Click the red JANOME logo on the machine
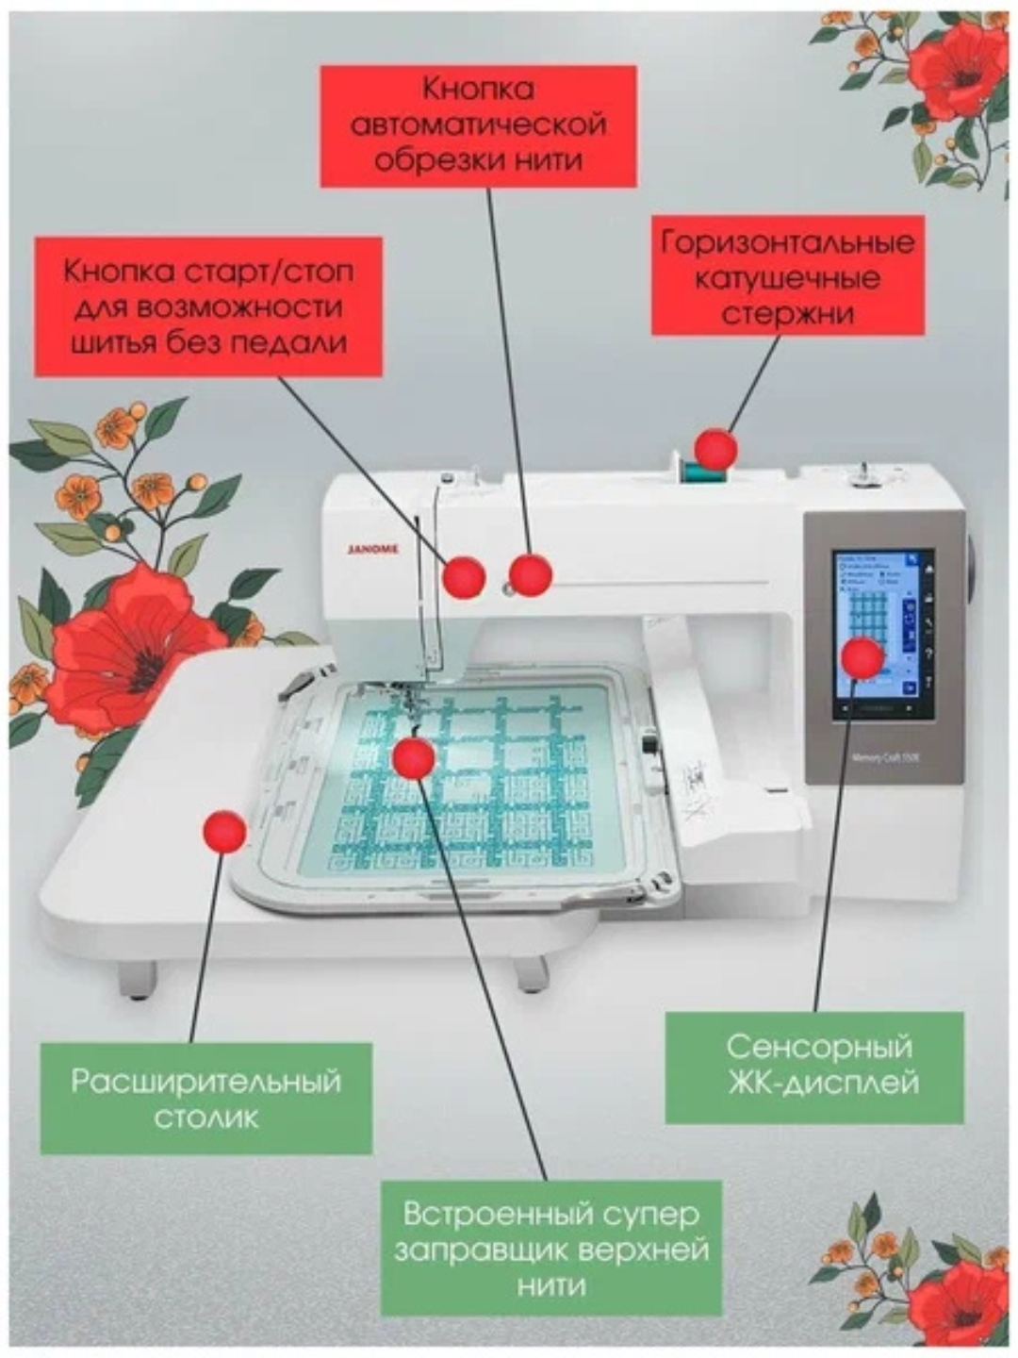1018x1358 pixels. click(373, 548)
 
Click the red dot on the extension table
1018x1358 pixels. click(225, 832)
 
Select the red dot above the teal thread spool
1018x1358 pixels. click(716, 449)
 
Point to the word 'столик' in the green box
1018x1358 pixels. click(205, 1118)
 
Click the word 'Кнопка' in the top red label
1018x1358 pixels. click(478, 90)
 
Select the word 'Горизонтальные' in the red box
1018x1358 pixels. click(788, 242)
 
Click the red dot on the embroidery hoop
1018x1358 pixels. click(413, 757)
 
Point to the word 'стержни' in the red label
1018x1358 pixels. click(787, 313)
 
